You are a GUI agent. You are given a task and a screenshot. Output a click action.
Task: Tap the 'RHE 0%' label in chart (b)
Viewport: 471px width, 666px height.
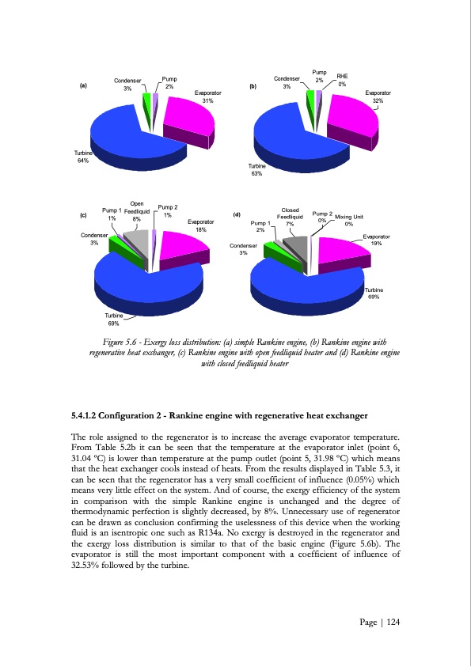pos(342,80)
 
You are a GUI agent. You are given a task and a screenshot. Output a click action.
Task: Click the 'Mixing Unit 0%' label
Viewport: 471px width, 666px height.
pos(348,220)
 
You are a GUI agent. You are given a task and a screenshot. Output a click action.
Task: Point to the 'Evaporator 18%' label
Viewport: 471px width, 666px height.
pos(201,226)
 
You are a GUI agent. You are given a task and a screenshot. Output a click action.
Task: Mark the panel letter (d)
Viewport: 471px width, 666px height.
pos(237,214)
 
